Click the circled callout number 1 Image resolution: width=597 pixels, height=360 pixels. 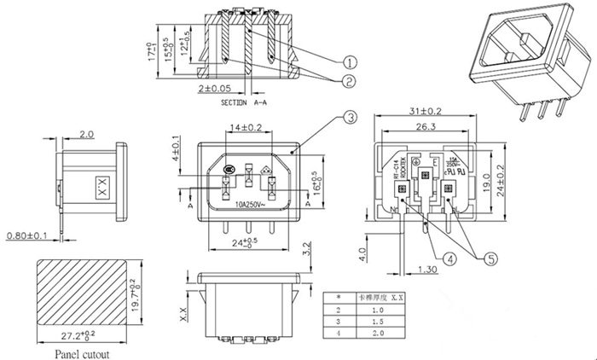[349, 61]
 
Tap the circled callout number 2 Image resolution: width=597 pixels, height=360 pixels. [349, 82]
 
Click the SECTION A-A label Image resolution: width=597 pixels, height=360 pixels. [246, 102]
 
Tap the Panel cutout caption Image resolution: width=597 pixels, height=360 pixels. [83, 351]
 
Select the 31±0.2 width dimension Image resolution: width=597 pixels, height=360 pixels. [426, 112]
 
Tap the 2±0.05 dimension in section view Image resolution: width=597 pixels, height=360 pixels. [214, 88]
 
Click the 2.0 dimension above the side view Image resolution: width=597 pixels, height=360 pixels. [86, 135]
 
